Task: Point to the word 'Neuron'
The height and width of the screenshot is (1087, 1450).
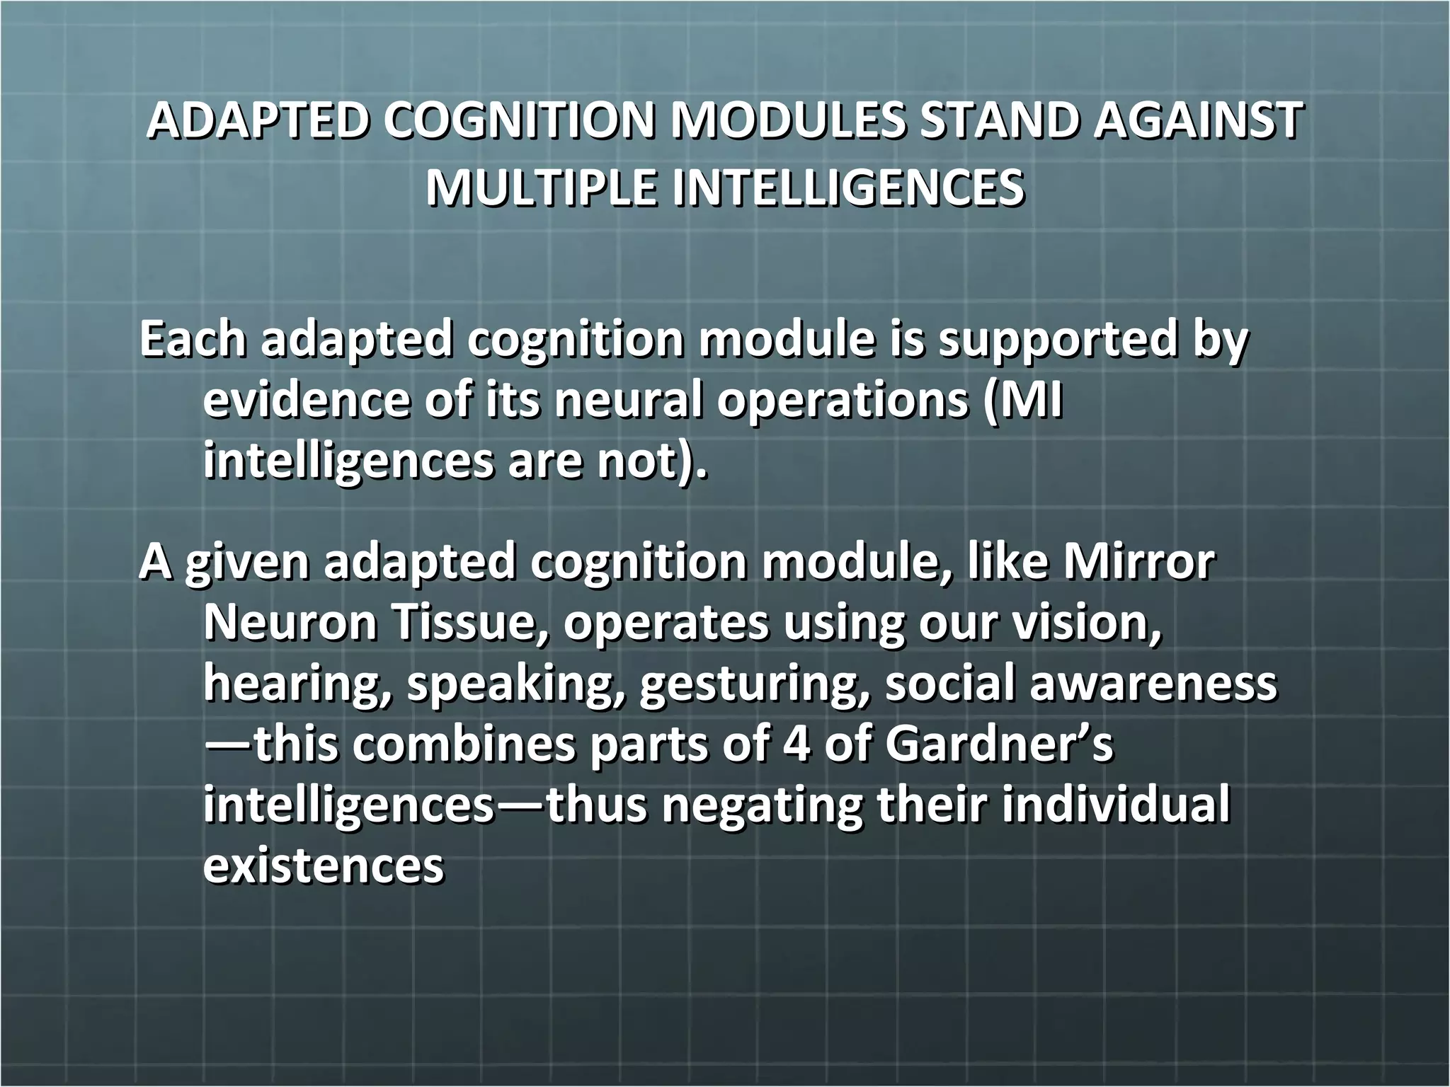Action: point(290,623)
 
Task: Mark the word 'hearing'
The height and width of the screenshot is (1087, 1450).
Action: point(297,685)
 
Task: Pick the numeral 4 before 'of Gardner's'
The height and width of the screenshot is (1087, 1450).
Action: point(797,744)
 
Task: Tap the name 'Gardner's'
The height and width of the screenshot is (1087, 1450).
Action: point(999,744)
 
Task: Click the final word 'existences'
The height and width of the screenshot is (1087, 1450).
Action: point(324,865)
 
